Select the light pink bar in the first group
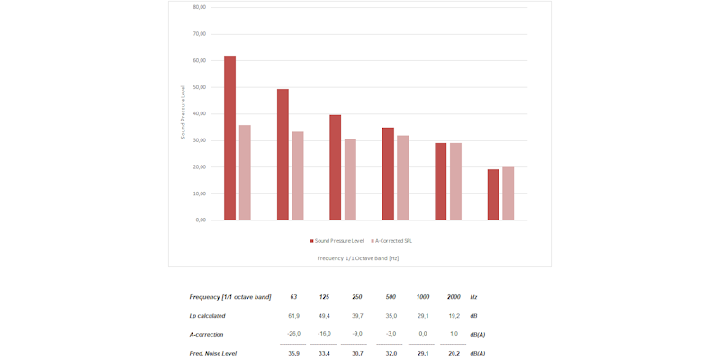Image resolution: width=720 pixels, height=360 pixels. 245,173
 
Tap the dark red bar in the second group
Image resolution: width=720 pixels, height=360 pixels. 283,155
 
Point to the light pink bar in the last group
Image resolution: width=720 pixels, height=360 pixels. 508,193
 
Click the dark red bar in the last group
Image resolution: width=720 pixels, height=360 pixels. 493,195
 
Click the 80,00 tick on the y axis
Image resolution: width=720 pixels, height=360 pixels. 199,7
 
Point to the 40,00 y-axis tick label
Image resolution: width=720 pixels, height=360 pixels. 199,113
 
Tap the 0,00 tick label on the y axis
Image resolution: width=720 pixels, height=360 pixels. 201,220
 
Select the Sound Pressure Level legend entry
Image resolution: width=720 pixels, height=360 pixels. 337,241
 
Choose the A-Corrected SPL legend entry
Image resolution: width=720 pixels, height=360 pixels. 392,241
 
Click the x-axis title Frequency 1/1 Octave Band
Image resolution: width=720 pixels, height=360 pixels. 358,258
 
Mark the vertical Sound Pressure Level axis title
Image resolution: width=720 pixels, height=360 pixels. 183,112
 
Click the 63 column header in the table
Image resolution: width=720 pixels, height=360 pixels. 294,297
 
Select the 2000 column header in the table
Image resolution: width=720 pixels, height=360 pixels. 454,297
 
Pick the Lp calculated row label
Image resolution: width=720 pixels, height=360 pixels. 208,316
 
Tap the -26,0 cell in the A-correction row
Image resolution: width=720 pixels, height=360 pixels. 293,334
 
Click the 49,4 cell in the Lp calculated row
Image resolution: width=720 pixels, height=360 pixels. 324,316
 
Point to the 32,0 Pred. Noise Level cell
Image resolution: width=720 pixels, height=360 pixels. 391,353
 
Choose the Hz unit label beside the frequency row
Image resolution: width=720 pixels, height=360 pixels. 473,297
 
